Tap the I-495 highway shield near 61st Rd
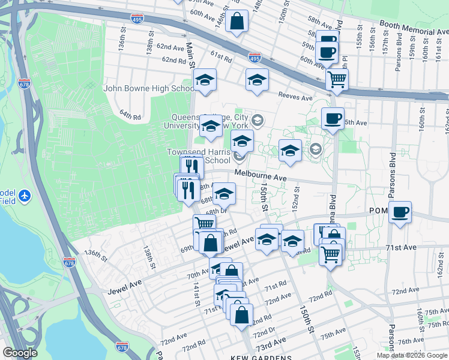click(x=254, y=58)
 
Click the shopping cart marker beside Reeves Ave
click(x=337, y=78)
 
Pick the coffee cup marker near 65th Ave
click(x=332, y=118)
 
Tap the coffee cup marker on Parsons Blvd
click(x=400, y=212)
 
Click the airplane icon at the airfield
click(x=24, y=196)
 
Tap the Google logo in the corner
click(x=20, y=353)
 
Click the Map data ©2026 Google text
click(x=412, y=355)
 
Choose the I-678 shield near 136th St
click(x=70, y=262)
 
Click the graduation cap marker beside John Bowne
click(x=205, y=79)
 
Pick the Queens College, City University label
click(x=209, y=121)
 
